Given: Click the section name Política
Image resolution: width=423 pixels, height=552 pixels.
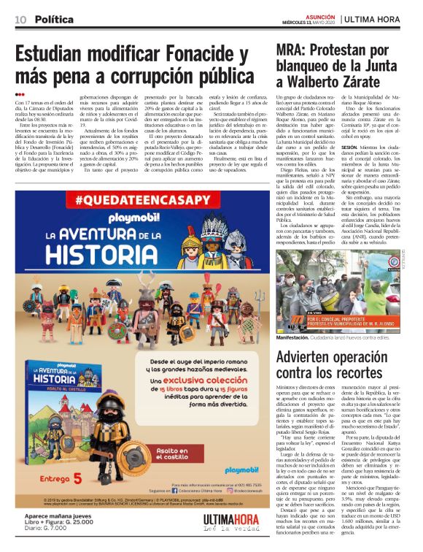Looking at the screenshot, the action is tap(54, 19).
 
